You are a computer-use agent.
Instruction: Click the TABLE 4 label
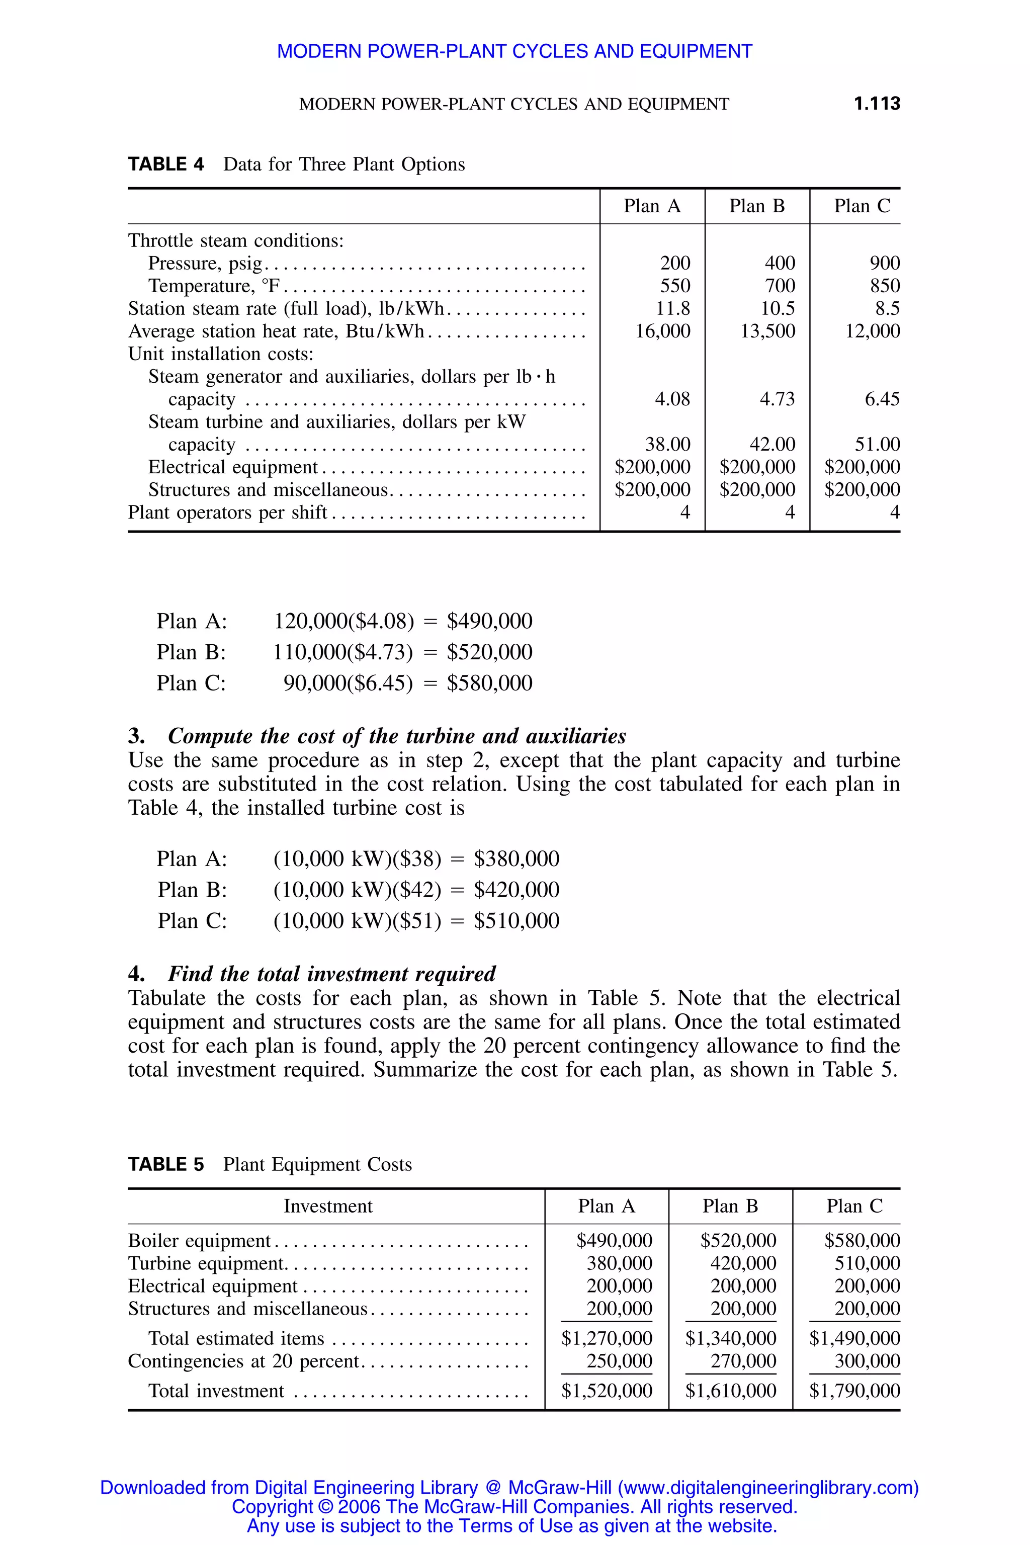click(x=165, y=164)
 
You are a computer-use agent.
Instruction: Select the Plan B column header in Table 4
click(x=757, y=206)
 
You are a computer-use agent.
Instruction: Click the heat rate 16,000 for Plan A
click(x=662, y=331)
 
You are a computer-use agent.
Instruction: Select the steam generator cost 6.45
click(x=882, y=399)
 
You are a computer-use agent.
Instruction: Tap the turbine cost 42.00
click(x=772, y=444)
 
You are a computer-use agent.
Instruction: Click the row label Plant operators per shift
click(x=227, y=512)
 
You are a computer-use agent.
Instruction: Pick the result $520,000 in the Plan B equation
click(x=489, y=652)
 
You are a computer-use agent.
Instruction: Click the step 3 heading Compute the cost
click(x=396, y=736)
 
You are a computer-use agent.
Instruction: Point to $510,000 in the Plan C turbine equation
click(x=517, y=920)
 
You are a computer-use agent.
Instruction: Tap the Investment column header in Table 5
click(x=328, y=1206)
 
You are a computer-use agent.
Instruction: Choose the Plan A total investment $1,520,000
click(x=607, y=1391)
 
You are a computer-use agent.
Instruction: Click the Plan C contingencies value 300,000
click(x=867, y=1360)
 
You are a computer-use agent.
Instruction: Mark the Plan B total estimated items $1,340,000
click(x=730, y=1338)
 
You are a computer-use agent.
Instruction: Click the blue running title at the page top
click(x=514, y=51)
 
